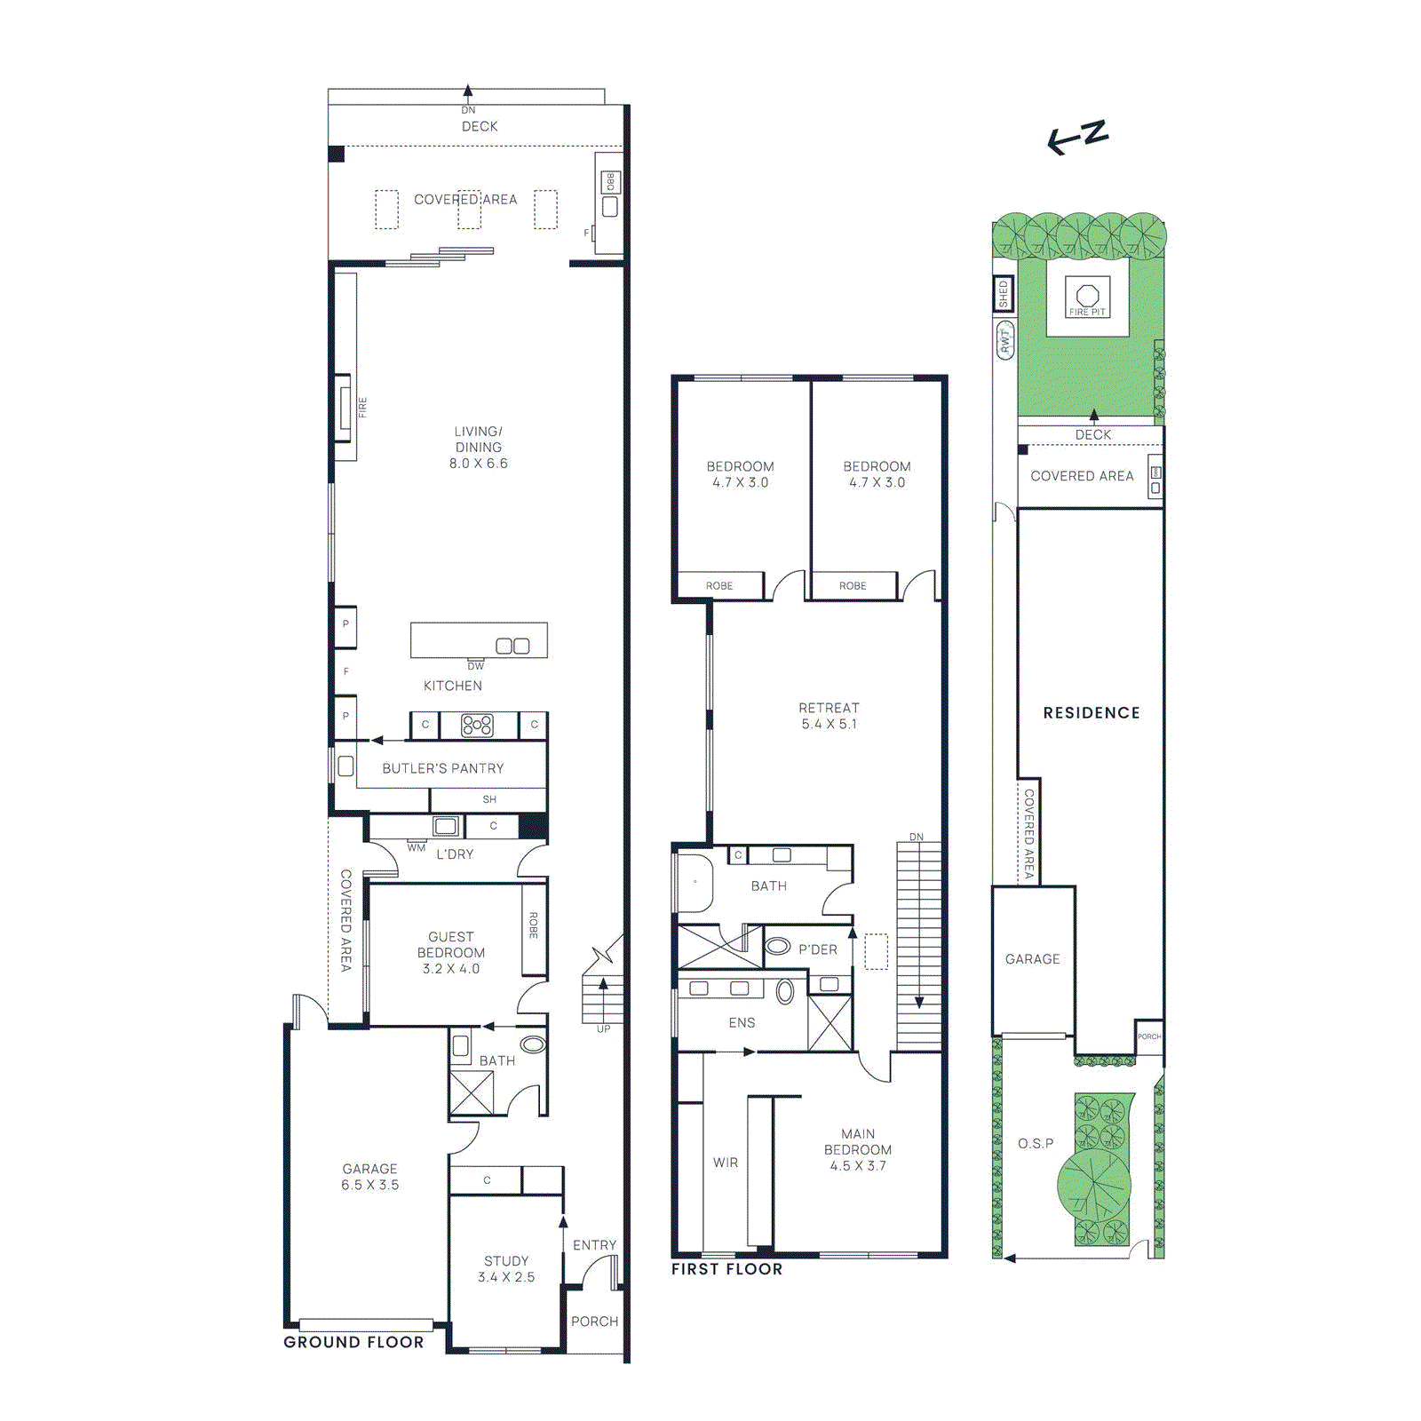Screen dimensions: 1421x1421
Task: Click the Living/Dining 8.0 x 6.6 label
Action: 478,447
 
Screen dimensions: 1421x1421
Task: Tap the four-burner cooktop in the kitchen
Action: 477,726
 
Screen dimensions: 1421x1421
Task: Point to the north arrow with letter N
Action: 1078,137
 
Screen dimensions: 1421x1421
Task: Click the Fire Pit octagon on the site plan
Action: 1087,295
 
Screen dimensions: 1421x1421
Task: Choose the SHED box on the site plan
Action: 1004,294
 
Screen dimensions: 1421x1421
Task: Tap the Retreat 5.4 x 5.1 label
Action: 829,716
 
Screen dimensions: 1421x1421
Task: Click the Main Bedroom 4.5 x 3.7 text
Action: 858,1150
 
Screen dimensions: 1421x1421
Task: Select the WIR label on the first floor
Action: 726,1163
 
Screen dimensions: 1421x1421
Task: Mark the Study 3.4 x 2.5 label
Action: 506,1269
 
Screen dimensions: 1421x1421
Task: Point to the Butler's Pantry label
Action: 443,768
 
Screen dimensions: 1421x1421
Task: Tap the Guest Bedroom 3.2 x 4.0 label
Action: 451,953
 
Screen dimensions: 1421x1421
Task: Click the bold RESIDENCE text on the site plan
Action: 1092,713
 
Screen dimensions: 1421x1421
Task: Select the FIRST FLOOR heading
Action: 726,1269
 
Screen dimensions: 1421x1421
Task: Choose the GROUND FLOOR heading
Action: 353,1342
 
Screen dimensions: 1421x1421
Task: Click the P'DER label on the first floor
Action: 817,949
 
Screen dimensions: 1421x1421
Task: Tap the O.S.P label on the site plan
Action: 1036,1144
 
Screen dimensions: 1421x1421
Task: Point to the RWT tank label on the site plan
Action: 1005,340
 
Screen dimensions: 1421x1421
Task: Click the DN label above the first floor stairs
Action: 917,837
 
